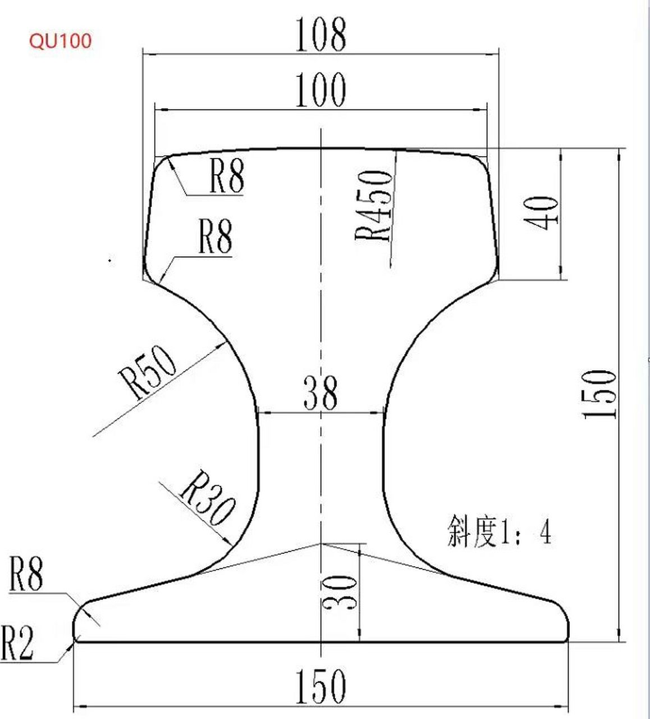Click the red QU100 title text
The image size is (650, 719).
(x=60, y=41)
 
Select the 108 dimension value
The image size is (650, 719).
(x=321, y=34)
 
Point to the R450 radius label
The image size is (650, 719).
(x=373, y=205)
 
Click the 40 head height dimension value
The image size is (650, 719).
(x=542, y=213)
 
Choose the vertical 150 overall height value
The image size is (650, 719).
(x=599, y=394)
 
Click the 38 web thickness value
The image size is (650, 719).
(x=321, y=393)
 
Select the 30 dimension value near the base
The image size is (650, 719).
(x=339, y=593)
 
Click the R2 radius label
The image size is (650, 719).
(x=18, y=643)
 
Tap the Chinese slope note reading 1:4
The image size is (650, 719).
(x=499, y=531)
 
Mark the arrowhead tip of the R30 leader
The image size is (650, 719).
(x=232, y=545)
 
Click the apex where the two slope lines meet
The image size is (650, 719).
(x=321, y=543)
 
